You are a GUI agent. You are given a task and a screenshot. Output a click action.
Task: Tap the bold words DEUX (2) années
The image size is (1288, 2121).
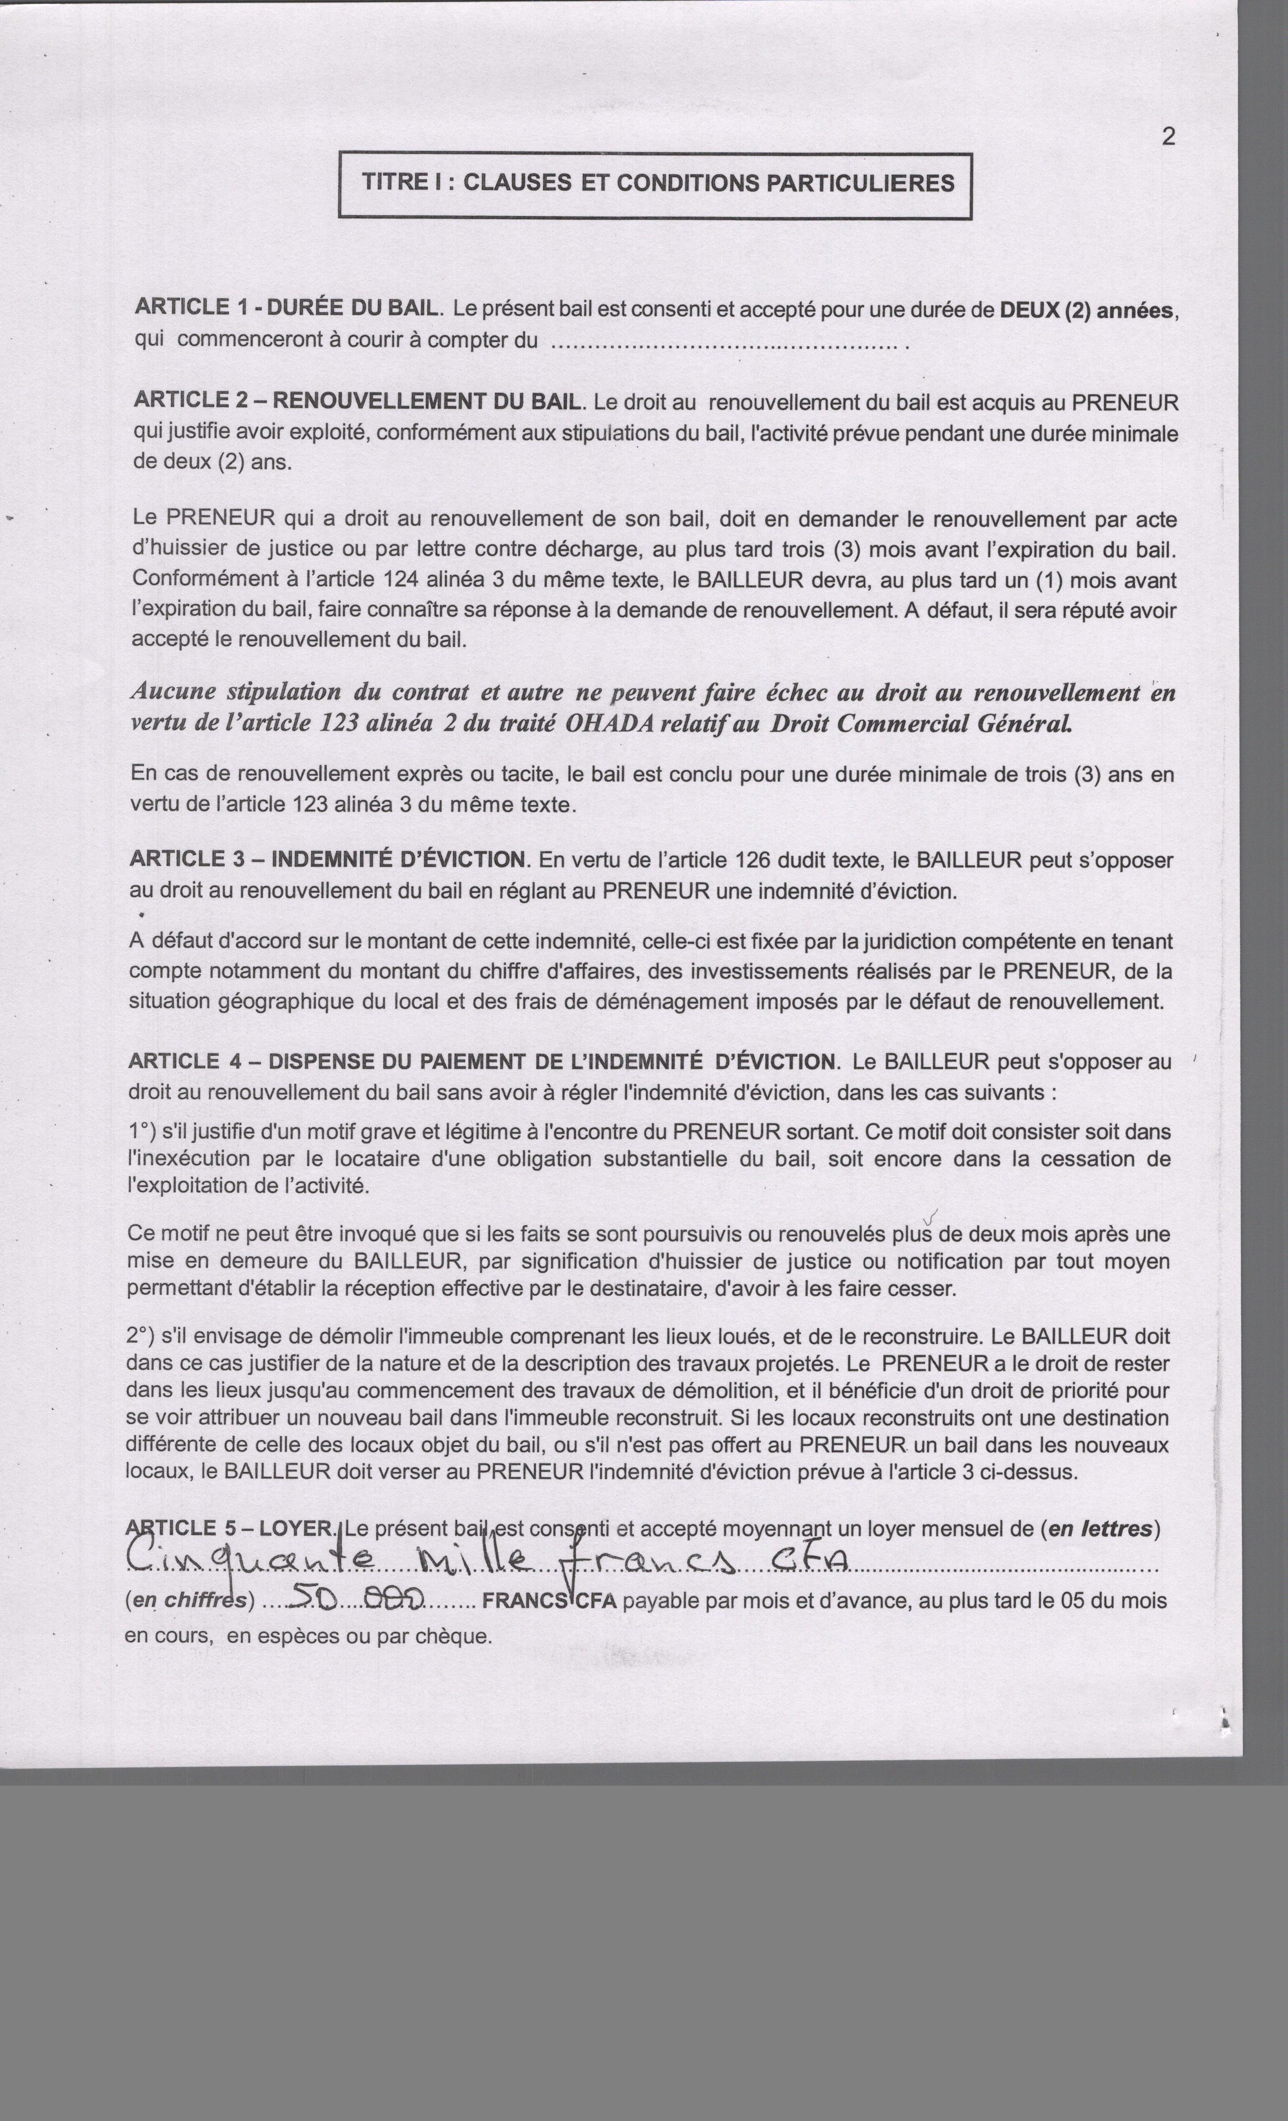[1086, 310]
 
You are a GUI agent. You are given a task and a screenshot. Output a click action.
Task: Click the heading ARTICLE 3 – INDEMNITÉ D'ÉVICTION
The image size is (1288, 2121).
[327, 859]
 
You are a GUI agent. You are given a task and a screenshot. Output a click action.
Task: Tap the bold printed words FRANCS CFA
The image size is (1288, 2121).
[549, 1600]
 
